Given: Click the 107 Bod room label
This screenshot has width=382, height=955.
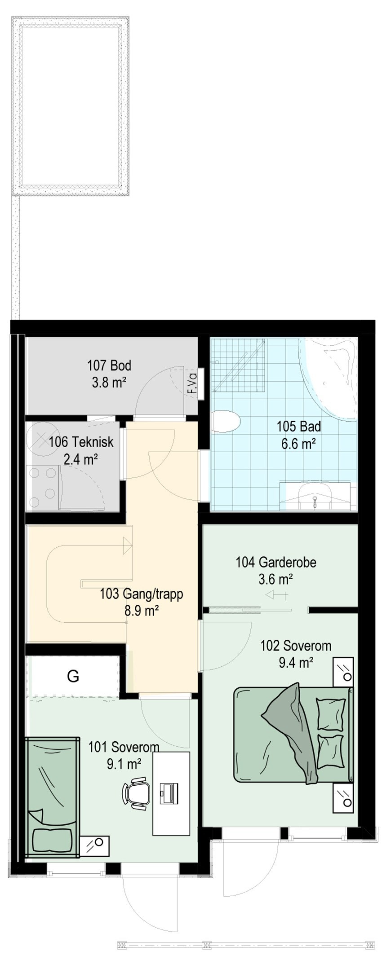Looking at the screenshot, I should (109, 365).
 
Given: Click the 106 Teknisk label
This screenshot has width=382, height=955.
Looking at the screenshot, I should (81, 442).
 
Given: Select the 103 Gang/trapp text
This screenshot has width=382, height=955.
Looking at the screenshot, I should (141, 594).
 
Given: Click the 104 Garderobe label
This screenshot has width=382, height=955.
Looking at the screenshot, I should (275, 562).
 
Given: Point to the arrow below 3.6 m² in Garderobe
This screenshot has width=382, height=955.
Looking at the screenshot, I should (276, 595).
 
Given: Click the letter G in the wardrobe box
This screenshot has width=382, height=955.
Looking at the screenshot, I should (73, 676).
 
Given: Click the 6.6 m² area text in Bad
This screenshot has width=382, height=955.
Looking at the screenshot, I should (298, 444).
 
